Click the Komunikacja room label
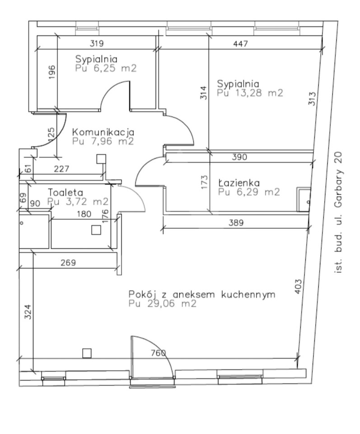(x=103, y=132)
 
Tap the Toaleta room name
(x=65, y=193)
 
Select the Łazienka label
(x=239, y=183)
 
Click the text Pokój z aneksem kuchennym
(x=202, y=294)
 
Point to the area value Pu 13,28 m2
(x=250, y=93)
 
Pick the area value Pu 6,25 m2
(x=106, y=68)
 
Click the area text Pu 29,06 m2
(x=163, y=304)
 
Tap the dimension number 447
(x=241, y=44)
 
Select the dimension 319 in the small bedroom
(x=97, y=43)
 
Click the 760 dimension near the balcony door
(x=159, y=353)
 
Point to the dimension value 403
(x=298, y=286)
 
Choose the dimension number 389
(x=236, y=222)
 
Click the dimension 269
(x=68, y=262)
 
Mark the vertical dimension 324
(x=28, y=311)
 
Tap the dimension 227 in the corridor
(x=61, y=169)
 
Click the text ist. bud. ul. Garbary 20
(x=338, y=212)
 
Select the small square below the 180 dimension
(x=96, y=230)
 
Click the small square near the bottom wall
(x=87, y=353)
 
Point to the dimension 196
(x=52, y=72)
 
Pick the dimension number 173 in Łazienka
(x=204, y=182)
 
